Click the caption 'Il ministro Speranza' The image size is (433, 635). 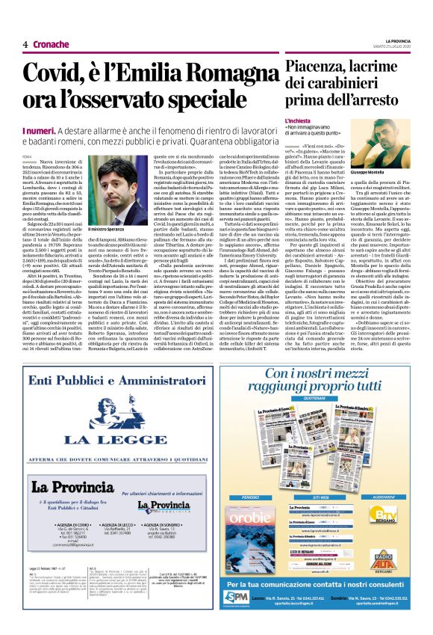(110, 228)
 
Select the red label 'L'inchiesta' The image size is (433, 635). (297, 120)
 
